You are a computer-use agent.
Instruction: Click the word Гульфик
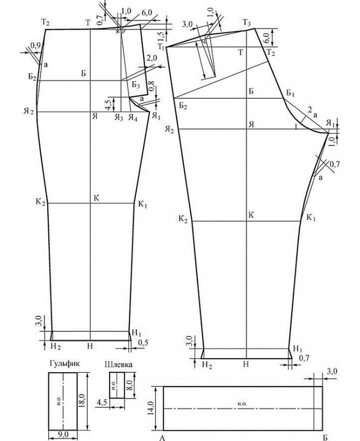click(64, 364)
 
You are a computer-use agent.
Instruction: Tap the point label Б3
click(135, 85)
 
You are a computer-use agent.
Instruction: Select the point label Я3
click(118, 118)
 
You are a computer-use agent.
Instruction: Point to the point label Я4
click(132, 118)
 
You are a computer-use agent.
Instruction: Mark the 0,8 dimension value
click(151, 85)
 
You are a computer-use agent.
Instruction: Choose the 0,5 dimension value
click(143, 342)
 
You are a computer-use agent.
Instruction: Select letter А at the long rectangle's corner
click(162, 436)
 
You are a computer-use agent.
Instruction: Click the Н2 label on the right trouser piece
click(206, 364)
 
